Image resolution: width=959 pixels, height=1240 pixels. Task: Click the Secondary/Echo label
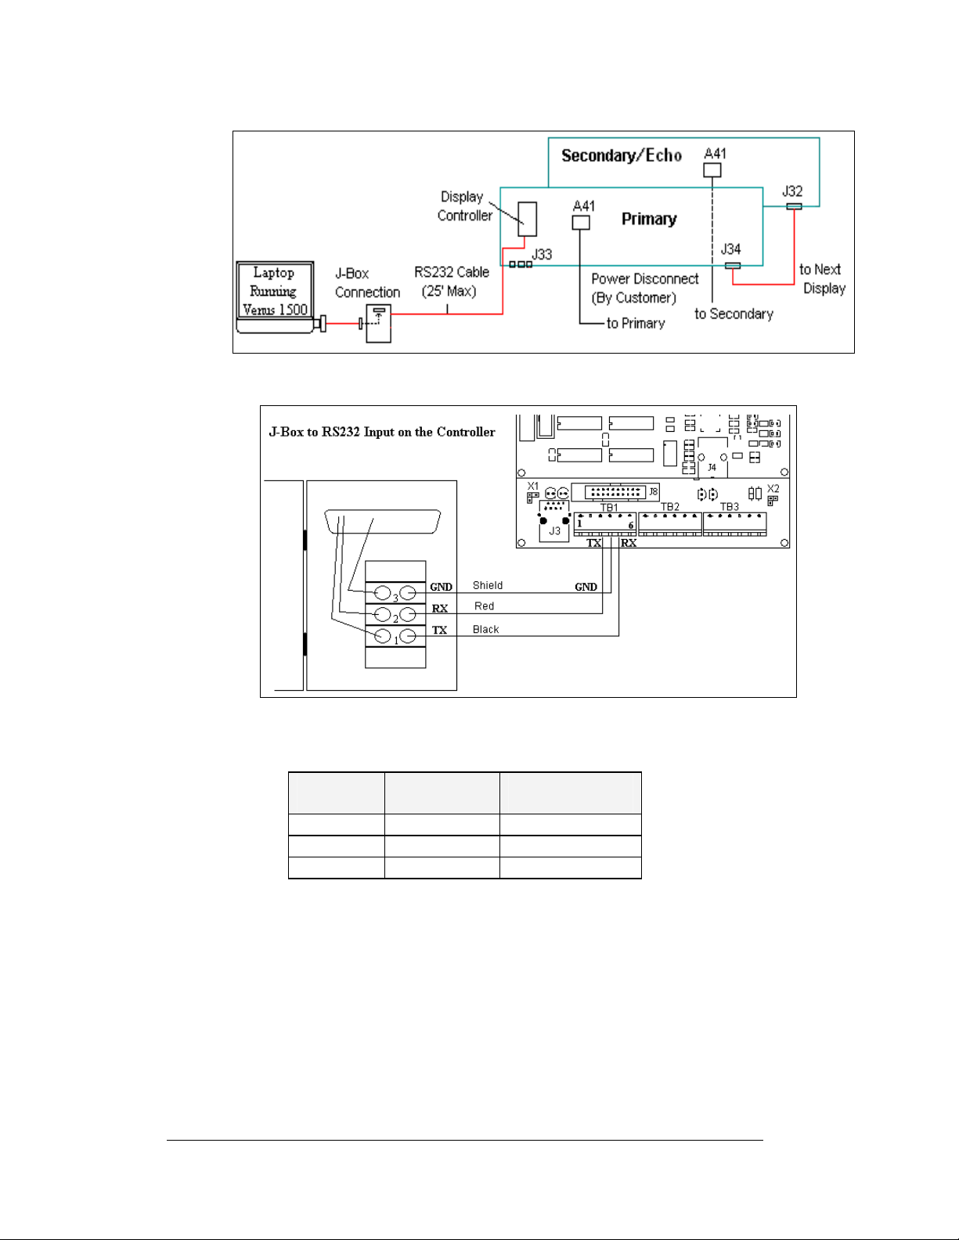coord(622,156)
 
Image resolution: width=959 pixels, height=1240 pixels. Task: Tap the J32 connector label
coord(792,192)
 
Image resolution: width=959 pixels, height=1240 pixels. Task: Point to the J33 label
coord(542,254)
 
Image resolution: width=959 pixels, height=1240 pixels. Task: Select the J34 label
coord(730,250)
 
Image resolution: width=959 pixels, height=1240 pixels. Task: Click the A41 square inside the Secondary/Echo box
coord(712,170)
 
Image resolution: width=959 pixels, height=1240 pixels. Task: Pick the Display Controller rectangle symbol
coord(527,219)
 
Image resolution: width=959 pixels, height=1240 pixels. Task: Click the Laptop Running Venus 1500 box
coord(275,291)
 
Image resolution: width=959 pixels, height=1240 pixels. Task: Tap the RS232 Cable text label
coord(452,272)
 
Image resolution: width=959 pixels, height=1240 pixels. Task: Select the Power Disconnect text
coord(644,279)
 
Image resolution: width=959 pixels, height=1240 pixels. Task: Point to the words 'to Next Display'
coord(822,279)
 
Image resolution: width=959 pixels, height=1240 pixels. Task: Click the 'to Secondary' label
coord(734,314)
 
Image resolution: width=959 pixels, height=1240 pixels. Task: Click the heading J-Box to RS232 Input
coord(382,432)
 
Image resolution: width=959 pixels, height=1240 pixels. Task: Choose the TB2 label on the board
coord(670,507)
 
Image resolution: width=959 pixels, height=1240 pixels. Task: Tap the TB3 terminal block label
coord(729,507)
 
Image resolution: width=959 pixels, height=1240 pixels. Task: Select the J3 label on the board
coord(554,531)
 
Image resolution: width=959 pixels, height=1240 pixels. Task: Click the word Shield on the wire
coord(488,585)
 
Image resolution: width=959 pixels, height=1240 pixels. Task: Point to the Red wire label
coord(484,606)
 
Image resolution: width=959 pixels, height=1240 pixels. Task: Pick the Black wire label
coord(485,630)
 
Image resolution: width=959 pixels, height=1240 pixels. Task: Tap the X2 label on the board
coord(773,489)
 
